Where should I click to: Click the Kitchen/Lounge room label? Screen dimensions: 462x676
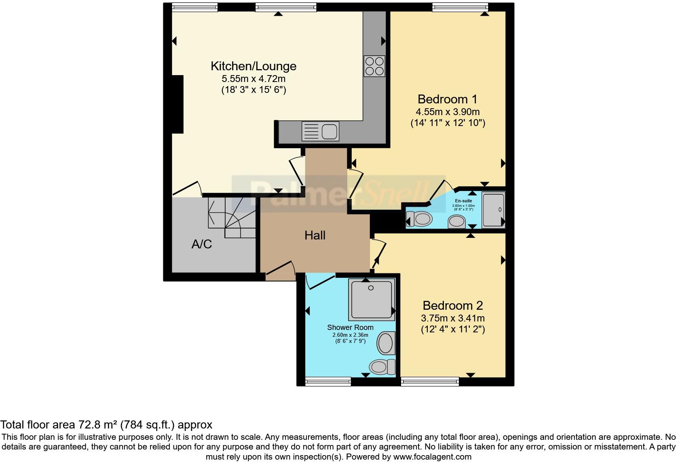tap(253, 66)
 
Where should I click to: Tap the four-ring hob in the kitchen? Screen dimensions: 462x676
tap(374, 66)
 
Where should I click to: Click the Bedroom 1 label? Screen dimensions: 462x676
tap(447, 99)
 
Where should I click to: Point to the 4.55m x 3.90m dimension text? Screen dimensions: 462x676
tap(448, 112)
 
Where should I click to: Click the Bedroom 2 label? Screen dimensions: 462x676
tap(453, 305)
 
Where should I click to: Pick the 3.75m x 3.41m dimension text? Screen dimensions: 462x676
tap(453, 318)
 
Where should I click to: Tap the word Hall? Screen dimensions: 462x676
tap(315, 235)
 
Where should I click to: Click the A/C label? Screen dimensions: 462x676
tap(201, 244)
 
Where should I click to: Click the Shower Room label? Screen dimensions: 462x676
tap(350, 328)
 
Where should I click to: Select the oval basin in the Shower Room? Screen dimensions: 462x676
tap(386, 343)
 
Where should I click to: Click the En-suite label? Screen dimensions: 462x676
tap(463, 201)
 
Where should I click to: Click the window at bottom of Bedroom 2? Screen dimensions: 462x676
tap(430, 381)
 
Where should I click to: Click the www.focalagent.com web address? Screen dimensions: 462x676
tap(432, 457)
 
